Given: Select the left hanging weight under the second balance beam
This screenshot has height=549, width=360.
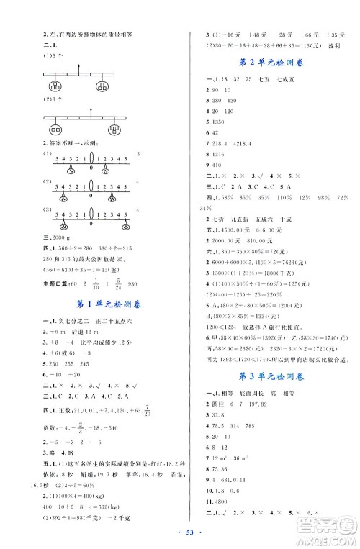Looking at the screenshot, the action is click(x=55, y=130).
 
